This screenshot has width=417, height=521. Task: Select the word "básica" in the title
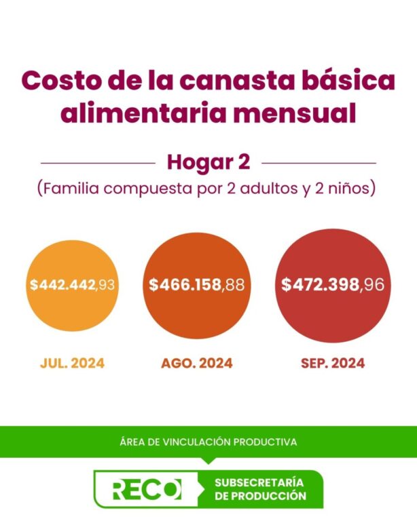pos(352,81)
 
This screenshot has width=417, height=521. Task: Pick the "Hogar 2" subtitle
pos(208,163)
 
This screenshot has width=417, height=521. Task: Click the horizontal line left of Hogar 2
pos(98,163)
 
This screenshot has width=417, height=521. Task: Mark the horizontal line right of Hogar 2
pos(319,163)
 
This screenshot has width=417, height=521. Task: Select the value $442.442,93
pos(73,285)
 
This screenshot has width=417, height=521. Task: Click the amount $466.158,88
pos(197,285)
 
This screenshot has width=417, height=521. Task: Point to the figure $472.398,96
pos(333,285)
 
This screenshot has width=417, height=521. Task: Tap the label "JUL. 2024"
pos(73,363)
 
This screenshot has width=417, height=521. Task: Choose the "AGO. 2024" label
pos(197,363)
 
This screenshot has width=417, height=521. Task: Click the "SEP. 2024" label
pos(333,363)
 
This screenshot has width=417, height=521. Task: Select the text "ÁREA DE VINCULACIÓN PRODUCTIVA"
pos(208,442)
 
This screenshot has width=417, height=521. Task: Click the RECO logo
pos(147,489)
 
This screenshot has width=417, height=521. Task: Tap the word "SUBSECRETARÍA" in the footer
pos(258,482)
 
